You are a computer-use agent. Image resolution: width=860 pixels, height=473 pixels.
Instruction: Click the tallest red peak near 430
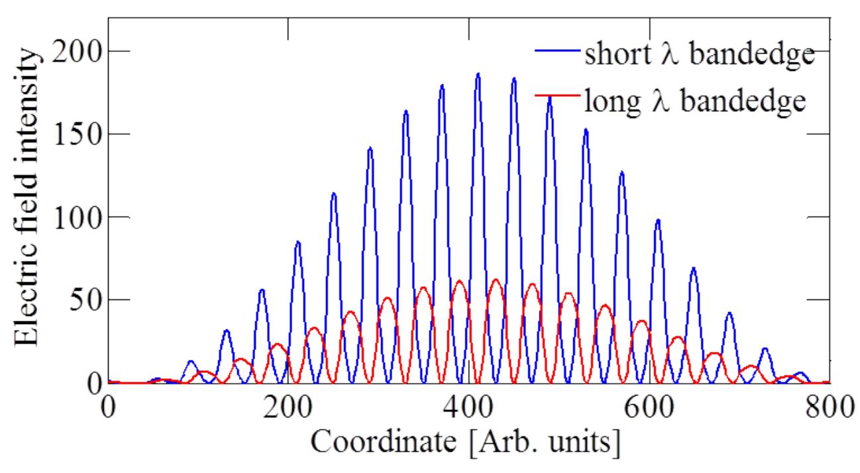(x=496, y=280)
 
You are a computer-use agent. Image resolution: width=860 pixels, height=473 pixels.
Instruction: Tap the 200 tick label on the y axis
(x=73, y=51)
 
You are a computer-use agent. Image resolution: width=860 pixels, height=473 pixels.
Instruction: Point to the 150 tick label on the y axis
(x=73, y=134)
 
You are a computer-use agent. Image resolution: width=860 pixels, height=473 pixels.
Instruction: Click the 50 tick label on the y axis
(x=81, y=299)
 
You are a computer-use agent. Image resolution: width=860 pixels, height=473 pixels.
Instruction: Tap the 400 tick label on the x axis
(x=469, y=406)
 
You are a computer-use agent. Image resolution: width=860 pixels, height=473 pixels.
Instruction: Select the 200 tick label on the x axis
(x=288, y=406)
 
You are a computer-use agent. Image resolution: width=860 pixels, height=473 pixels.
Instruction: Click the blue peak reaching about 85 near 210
(x=297, y=242)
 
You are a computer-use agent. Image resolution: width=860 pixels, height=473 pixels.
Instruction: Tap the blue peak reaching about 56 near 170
(x=262, y=290)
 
